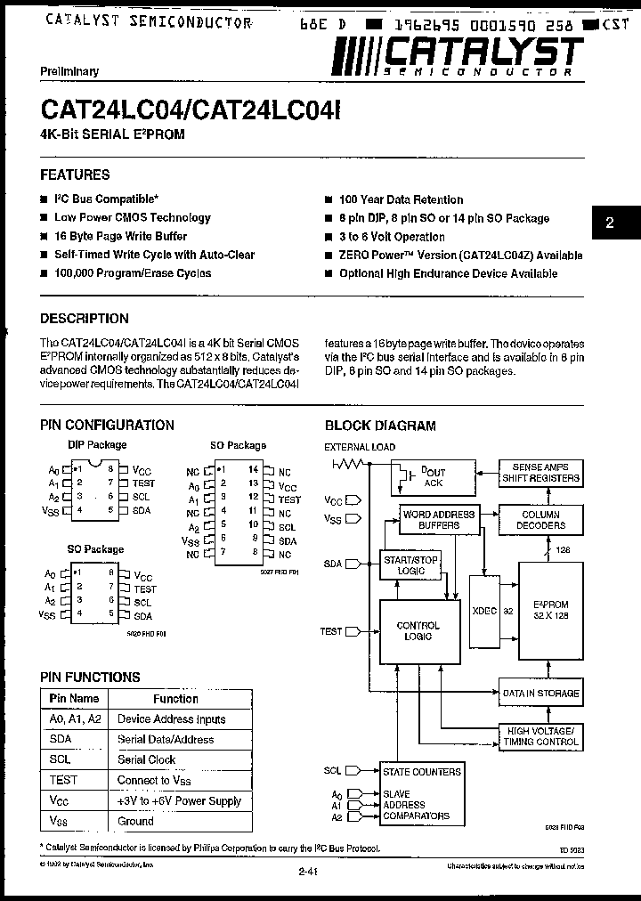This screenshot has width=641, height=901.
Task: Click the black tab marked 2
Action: click(610, 223)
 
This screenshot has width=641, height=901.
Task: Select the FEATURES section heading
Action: click(76, 175)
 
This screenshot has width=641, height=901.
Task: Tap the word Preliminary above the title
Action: click(69, 71)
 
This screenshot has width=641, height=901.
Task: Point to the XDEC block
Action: click(485, 612)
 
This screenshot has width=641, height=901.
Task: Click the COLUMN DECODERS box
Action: click(540, 520)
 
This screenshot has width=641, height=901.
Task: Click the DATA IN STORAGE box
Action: click(540, 693)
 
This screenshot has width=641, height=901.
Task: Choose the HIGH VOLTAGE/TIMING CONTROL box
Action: click(540, 735)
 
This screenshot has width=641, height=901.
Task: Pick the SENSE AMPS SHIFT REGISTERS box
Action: click(540, 473)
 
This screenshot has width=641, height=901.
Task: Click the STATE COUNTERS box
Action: click(422, 771)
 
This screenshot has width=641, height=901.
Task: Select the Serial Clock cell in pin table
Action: click(147, 759)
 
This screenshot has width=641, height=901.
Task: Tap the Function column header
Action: click(175, 699)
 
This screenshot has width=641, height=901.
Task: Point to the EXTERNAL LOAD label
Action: click(361, 446)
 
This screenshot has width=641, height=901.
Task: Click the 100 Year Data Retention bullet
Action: click(401, 199)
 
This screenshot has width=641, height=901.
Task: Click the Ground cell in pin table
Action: click(136, 821)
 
